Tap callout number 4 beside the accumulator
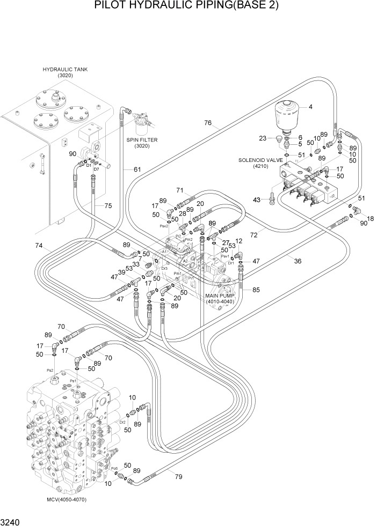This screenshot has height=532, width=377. [310, 107]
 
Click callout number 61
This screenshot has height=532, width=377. [137, 169]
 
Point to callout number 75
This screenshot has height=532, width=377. [108, 205]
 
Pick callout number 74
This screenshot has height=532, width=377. [39, 246]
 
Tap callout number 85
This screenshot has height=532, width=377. [256, 290]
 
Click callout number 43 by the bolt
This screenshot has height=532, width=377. [257, 199]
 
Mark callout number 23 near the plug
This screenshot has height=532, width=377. [263, 138]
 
